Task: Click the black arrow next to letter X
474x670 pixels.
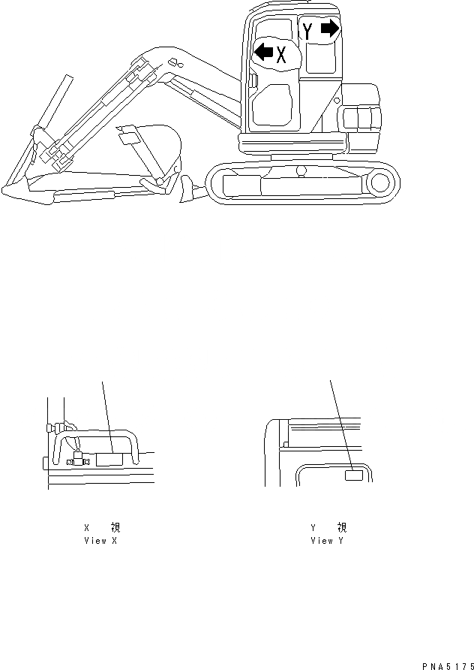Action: coord(263,52)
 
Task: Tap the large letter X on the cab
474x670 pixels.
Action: coord(282,54)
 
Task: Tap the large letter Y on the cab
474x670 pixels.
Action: coord(307,32)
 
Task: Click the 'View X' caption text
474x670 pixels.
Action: coord(100,541)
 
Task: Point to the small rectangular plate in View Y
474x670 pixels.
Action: coord(353,475)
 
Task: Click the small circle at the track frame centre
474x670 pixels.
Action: coord(301,171)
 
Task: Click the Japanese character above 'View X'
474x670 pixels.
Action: coord(115,528)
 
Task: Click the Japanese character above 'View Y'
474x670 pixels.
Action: coord(341,528)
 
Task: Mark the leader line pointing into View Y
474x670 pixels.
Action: coord(340,424)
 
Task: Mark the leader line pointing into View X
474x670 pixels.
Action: coord(106,417)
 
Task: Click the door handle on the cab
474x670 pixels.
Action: coord(253,80)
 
